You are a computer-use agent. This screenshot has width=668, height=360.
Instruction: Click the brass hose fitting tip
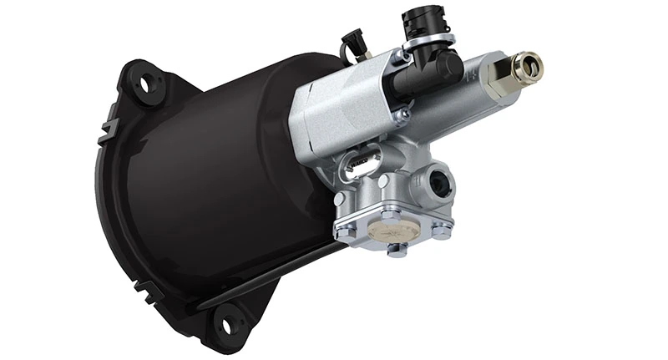point(529,63)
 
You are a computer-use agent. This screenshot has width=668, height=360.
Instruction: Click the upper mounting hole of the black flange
point(149,83)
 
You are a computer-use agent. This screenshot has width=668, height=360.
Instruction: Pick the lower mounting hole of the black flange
point(225,317)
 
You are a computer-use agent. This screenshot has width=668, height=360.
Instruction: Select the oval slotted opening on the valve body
point(360,165)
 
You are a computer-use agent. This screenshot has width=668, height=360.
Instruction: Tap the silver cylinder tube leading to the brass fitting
point(468,88)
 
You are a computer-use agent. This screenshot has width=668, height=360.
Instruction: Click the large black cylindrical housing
point(225,167)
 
